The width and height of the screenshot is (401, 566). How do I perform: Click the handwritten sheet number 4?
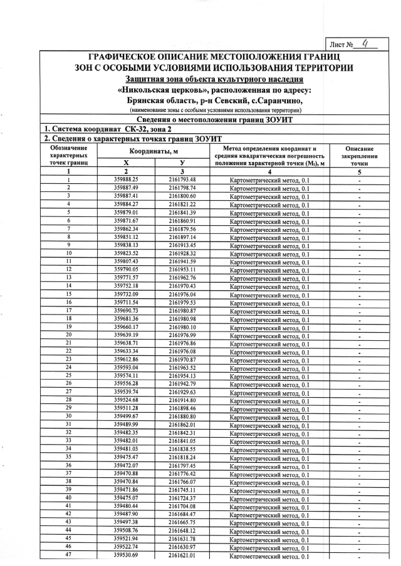[365, 44]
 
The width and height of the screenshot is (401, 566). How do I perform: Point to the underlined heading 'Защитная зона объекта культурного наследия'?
[214, 79]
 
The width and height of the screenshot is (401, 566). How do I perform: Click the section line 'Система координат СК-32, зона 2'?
[100, 128]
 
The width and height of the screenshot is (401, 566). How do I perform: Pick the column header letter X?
[126, 163]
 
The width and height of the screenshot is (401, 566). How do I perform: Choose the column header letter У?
[182, 163]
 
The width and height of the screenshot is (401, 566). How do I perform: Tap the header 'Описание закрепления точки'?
[359, 156]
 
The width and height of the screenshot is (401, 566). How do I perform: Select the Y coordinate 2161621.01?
[182, 555]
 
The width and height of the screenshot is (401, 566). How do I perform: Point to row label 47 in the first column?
[68, 555]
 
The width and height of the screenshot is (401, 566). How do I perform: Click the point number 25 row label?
[68, 375]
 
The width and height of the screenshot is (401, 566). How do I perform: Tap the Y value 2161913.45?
[182, 245]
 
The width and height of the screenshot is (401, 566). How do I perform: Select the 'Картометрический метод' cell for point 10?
[269, 254]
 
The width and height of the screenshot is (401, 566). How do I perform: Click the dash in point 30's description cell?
[359, 417]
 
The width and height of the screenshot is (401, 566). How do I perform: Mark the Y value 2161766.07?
[182, 482]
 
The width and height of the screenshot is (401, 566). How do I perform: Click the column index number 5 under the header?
[359, 171]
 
